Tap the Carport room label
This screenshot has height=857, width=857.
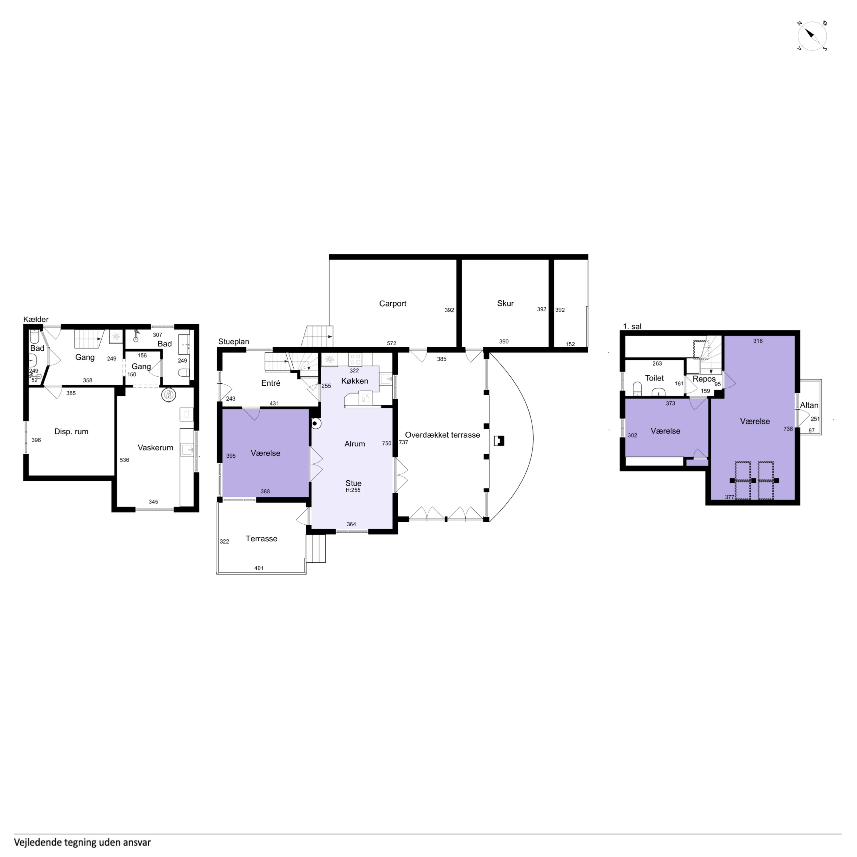point(393,303)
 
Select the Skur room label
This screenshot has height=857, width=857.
point(505,303)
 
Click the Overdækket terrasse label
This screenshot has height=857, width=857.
point(442,435)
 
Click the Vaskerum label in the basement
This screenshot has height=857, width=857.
point(155,447)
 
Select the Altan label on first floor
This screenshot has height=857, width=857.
point(809,405)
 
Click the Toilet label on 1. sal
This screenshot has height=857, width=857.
point(654,378)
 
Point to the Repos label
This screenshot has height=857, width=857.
point(704,379)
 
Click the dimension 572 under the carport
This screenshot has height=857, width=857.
point(391,343)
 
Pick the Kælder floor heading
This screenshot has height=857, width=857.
point(36,319)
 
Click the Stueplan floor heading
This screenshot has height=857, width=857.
point(233,342)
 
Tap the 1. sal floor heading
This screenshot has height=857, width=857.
point(632,327)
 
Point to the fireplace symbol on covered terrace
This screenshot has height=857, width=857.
point(499,440)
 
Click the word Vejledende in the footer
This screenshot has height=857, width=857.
point(34,842)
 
